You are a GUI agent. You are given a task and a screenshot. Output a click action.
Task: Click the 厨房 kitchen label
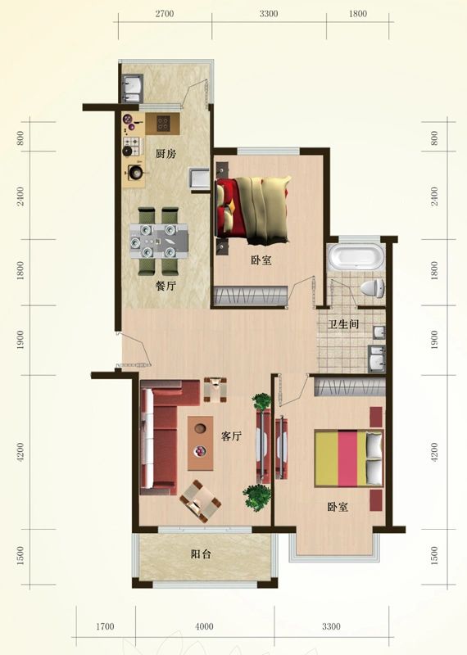(165, 154)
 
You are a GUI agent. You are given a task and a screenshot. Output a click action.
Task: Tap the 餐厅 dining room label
(165, 287)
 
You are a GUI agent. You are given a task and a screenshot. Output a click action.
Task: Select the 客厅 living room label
(232, 436)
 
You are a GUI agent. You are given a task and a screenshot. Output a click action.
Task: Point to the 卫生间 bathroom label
(344, 324)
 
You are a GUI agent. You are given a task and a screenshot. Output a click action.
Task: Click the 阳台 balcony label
(202, 554)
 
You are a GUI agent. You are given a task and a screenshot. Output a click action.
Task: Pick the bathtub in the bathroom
(355, 258)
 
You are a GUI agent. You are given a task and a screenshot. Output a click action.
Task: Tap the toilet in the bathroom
(372, 288)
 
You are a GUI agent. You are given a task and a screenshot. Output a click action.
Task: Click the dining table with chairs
(158, 240)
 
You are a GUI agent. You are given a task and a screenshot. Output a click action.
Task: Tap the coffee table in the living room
(200, 443)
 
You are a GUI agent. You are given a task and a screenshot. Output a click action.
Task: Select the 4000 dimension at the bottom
(204, 627)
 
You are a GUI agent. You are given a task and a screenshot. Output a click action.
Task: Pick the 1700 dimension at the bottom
(105, 627)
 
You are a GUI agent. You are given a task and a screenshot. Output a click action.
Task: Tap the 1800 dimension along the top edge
(357, 14)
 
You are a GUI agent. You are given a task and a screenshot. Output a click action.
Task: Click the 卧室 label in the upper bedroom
(261, 260)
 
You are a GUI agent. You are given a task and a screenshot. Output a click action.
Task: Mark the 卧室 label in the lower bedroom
(338, 508)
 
